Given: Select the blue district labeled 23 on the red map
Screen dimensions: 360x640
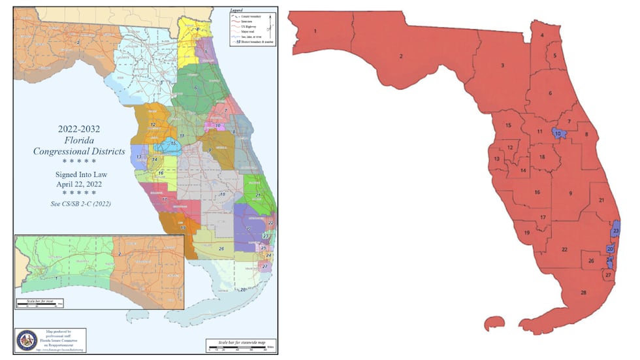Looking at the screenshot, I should tap(616, 231).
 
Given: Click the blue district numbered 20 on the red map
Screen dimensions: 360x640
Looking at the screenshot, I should tap(610, 248).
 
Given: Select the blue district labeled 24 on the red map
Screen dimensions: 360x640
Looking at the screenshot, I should tap(609, 261).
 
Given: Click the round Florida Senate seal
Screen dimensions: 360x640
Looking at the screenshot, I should tap(26, 340).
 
